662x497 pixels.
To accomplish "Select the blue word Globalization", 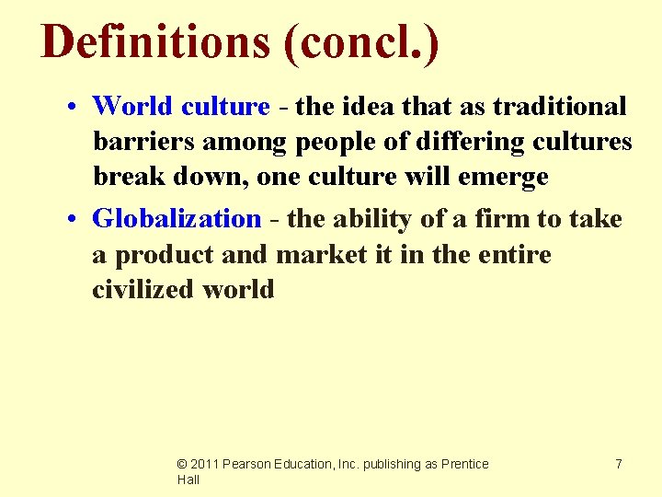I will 177,219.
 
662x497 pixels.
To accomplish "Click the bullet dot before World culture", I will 72,108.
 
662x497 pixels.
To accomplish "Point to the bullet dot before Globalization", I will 72,220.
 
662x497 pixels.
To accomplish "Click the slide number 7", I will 618,465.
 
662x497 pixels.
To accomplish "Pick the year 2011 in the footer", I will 206,465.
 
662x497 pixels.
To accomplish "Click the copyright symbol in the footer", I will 182,465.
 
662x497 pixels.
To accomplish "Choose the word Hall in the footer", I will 188,480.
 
